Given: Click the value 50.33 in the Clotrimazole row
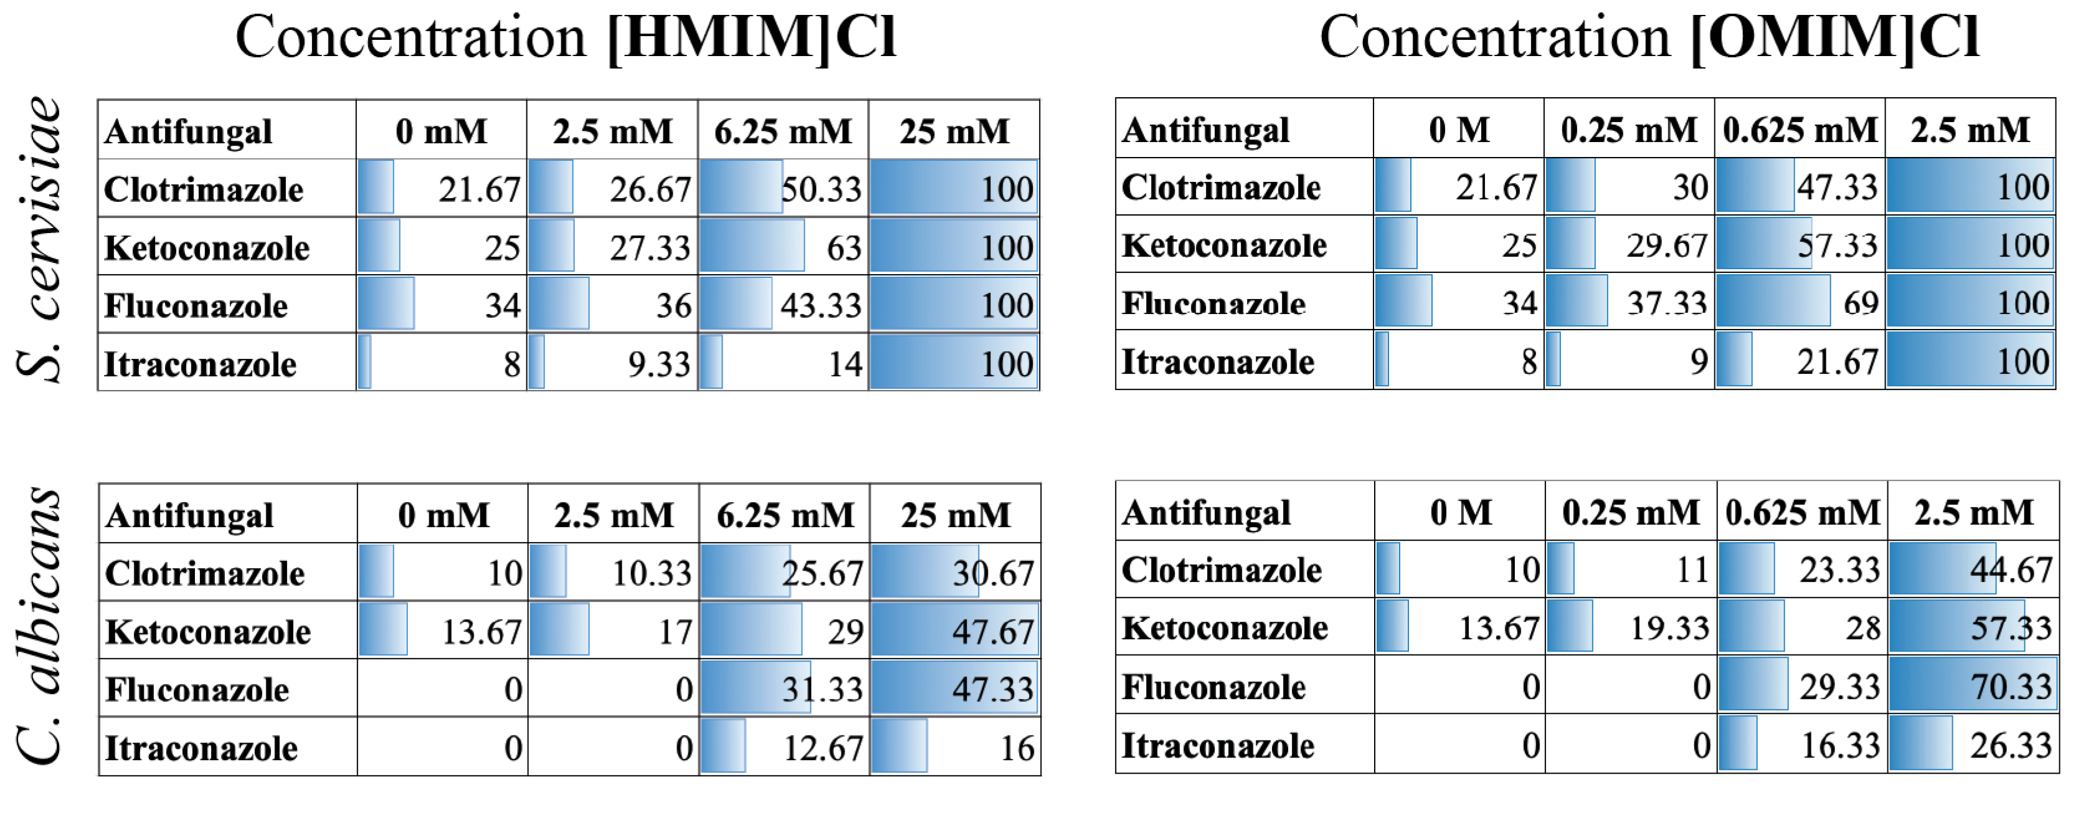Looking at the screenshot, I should click(x=820, y=189).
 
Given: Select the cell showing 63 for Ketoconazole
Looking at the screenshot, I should click(x=843, y=247).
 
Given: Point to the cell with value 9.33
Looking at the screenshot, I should click(x=659, y=364).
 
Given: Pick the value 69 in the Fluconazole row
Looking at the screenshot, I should click(x=1860, y=303).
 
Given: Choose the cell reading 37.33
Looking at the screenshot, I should click(x=1667, y=303).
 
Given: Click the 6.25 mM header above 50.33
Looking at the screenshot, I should click(x=782, y=131).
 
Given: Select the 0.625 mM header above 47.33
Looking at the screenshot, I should click(x=1800, y=130).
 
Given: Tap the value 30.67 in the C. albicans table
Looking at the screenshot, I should click(x=993, y=573).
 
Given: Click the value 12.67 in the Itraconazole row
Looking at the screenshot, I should click(x=823, y=748).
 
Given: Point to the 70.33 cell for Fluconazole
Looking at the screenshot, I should click(x=2010, y=687).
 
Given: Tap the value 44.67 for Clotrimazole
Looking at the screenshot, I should click(x=2010, y=570).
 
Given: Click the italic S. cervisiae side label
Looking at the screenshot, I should click(x=39, y=239).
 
